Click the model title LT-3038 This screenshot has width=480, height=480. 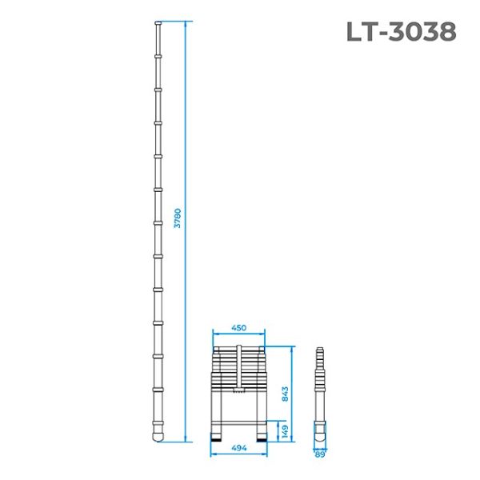coord(402,31)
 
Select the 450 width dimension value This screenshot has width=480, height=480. coord(238,328)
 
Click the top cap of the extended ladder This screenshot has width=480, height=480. coord(158,26)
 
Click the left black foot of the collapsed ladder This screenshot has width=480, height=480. coord(217,436)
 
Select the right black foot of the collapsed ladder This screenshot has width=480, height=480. coord(261,436)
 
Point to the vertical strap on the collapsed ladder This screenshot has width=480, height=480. coord(238,368)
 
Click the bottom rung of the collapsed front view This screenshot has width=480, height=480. coord(238,420)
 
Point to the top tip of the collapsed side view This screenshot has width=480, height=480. coord(321,349)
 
